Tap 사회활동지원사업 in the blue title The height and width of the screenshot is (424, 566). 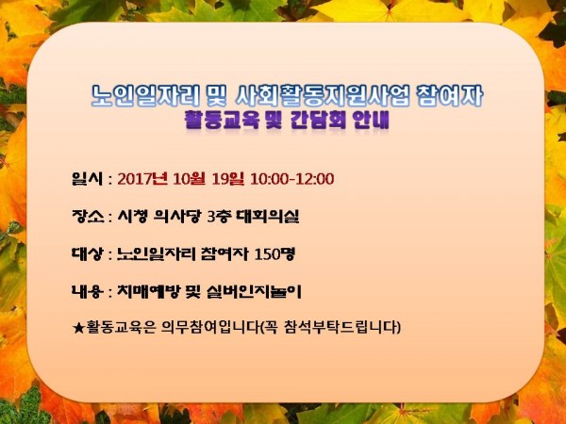(323, 96)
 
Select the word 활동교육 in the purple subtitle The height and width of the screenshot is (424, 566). (222, 120)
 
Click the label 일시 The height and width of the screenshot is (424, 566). (88, 178)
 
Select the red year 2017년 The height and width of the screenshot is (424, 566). (142, 178)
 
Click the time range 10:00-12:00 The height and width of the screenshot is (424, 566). (292, 179)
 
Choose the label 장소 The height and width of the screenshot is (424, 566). (88, 216)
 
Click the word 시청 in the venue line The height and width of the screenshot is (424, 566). (132, 216)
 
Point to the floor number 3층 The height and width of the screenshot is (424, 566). (219, 216)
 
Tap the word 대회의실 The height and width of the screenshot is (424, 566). (268, 216)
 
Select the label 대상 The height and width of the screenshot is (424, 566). (88, 253)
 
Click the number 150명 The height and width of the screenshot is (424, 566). (275, 253)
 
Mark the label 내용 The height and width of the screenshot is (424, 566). (88, 291)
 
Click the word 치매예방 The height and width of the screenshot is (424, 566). (148, 291)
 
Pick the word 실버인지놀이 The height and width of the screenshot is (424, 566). (254, 291)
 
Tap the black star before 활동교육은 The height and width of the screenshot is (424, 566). (78, 327)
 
